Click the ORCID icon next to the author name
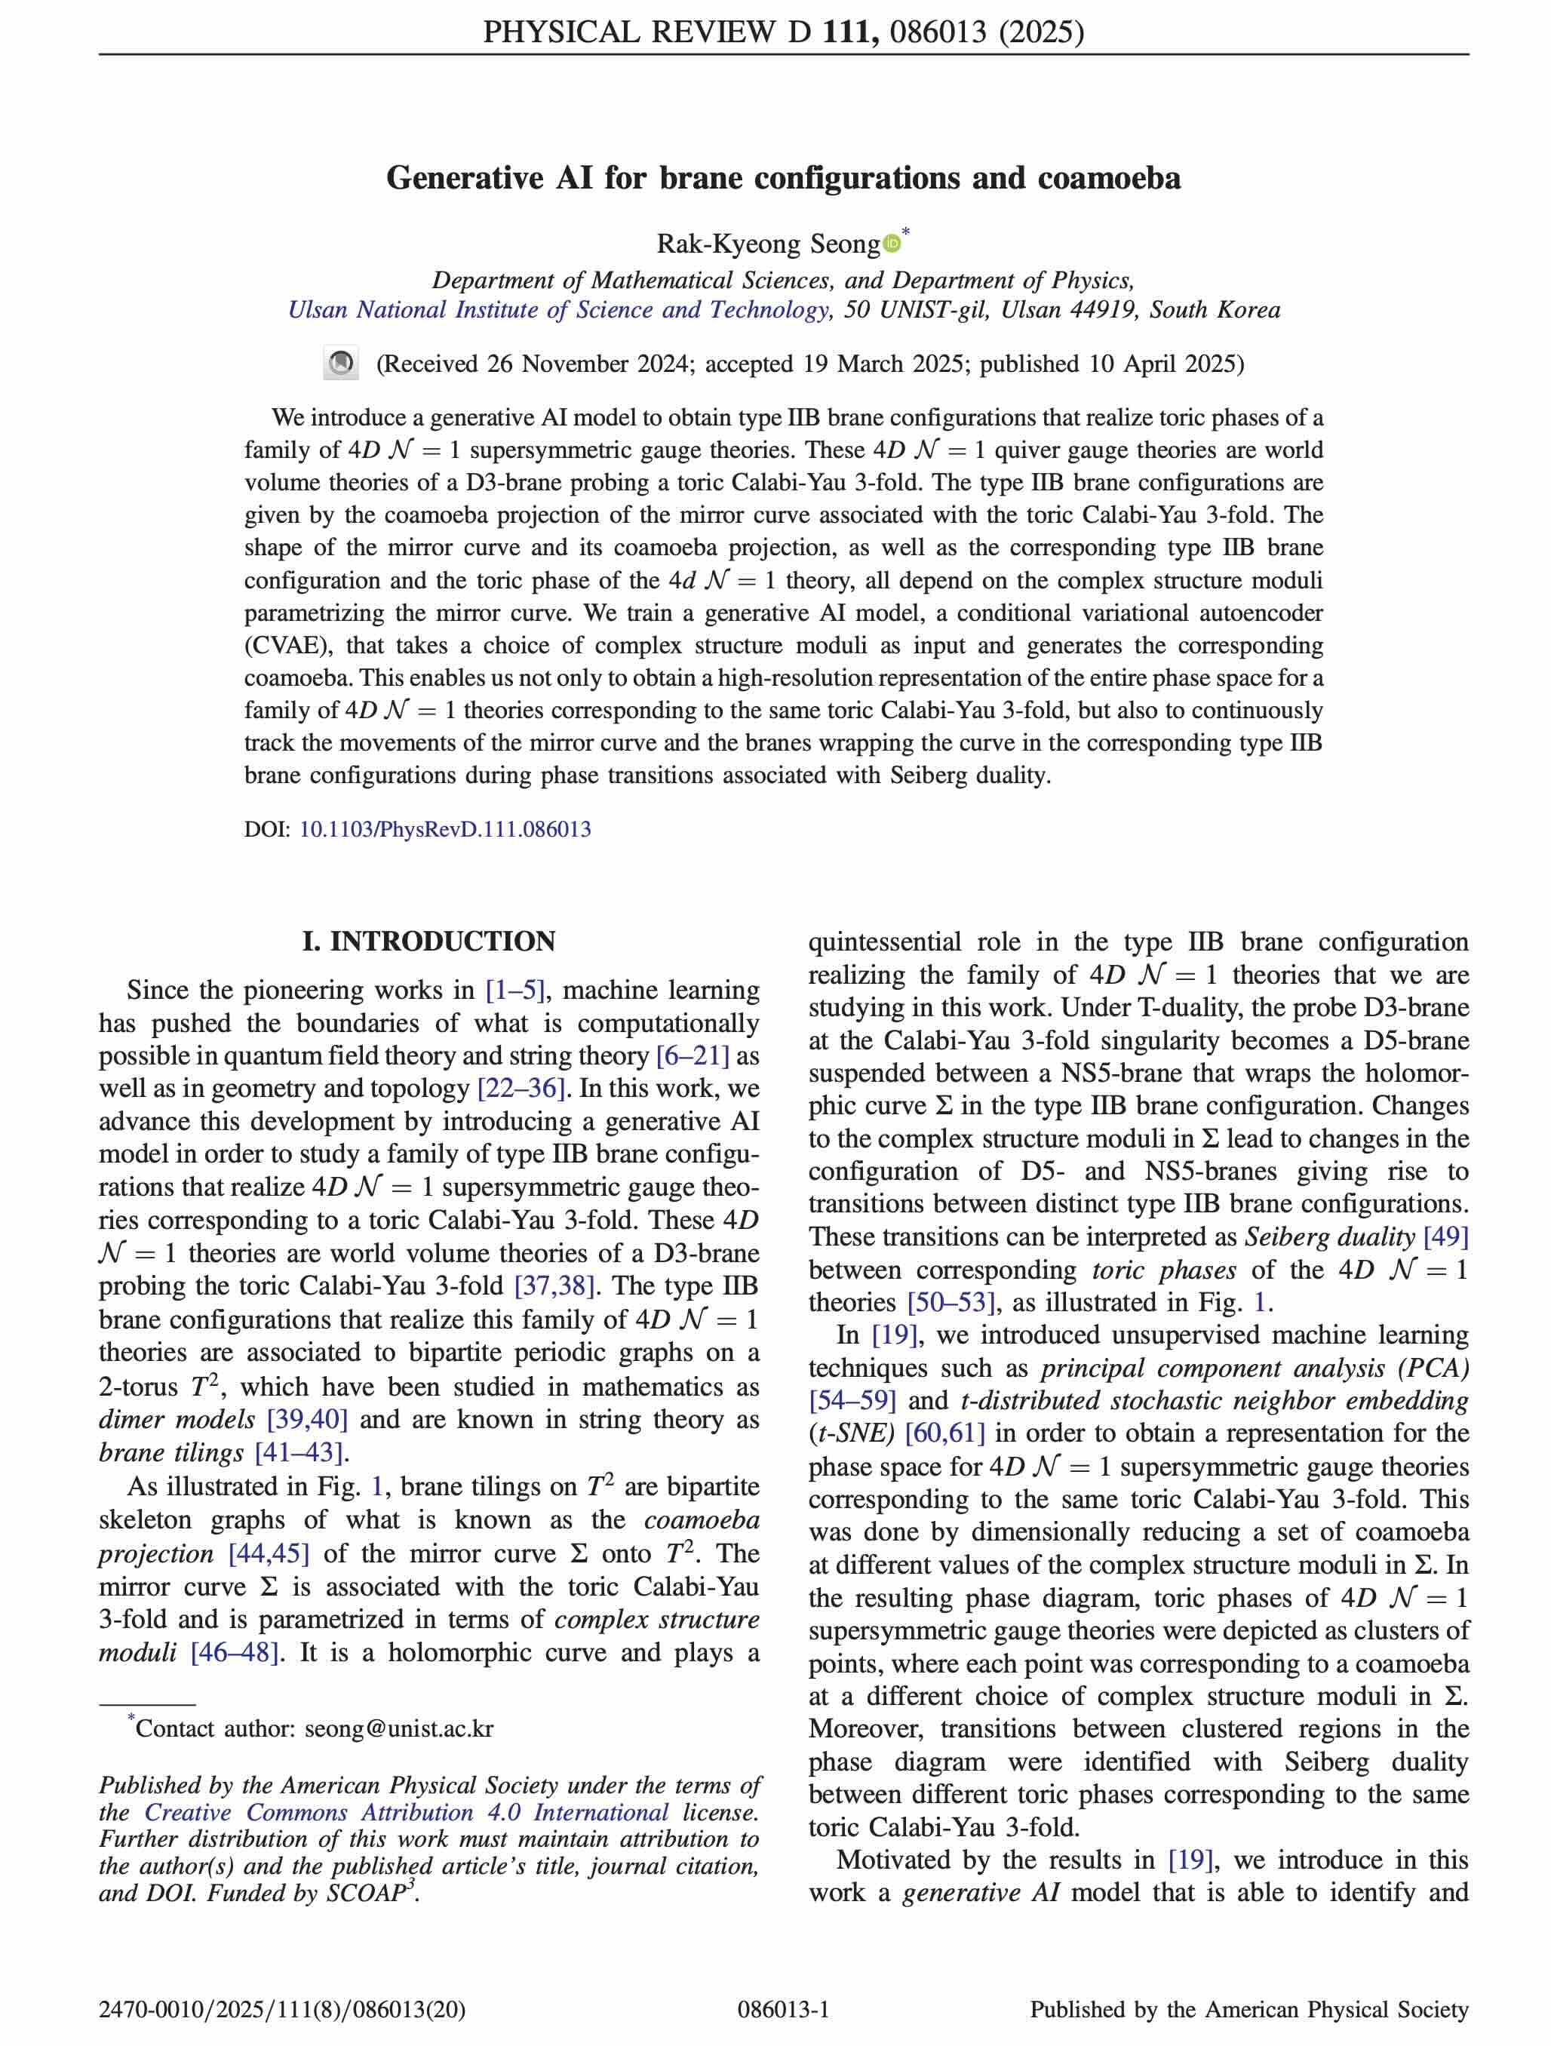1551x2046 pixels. click(892, 243)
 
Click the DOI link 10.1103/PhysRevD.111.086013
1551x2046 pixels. click(445, 829)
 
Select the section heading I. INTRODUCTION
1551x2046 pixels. click(428, 942)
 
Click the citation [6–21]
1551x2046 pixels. click(693, 1056)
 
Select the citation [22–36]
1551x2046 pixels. click(521, 1089)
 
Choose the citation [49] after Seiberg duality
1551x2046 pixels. click(1445, 1237)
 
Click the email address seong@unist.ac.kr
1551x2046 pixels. click(398, 1728)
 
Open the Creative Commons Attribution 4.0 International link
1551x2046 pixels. click(407, 1812)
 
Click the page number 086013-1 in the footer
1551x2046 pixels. click(783, 2009)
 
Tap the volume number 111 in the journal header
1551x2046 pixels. click(848, 32)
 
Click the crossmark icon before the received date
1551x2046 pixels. click(340, 364)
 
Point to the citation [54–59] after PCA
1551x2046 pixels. click(852, 1400)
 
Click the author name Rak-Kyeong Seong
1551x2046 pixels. click(768, 244)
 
